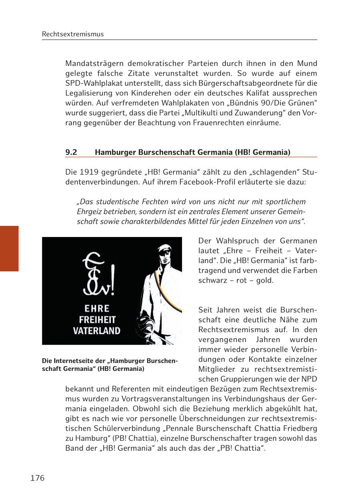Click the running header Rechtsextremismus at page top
click(73, 34)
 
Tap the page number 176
click(38, 478)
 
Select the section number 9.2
click(71, 152)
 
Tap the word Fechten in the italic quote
click(155, 202)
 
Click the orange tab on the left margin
click(9, 248)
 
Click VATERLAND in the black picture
click(96, 331)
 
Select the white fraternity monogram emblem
click(98, 276)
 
